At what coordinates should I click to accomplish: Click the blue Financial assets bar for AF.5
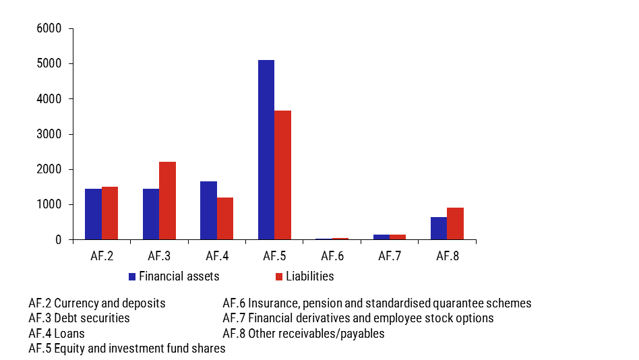266,150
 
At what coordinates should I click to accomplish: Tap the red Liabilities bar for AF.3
167,200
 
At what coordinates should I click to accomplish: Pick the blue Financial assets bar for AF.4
208,210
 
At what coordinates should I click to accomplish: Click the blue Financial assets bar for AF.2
93,214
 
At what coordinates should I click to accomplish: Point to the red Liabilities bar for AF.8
455,223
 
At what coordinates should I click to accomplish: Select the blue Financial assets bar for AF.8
439,228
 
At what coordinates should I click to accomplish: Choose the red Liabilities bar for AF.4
224,218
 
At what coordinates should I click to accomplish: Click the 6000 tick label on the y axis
49,29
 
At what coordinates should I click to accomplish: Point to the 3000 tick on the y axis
49,134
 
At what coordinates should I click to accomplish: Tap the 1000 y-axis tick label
49,204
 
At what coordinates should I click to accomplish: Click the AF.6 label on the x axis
332,256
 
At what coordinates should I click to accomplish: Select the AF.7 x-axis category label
389,256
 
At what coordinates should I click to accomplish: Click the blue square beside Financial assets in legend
133,276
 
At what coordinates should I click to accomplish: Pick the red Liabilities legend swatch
278,276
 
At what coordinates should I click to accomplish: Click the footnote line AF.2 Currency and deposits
97,303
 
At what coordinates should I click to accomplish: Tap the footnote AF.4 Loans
57,333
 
